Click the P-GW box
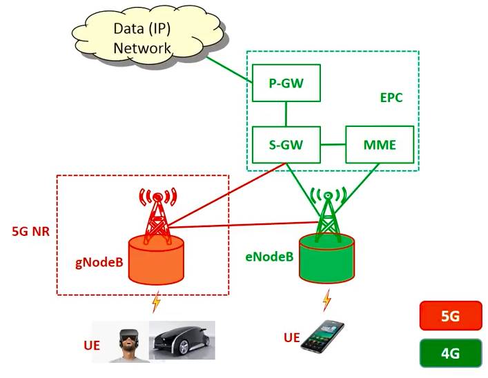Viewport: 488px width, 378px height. [286, 84]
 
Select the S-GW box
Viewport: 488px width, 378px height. [286, 145]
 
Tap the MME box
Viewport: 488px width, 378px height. [379, 145]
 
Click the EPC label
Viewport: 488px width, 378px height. [391, 98]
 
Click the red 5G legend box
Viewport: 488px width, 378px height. [450, 317]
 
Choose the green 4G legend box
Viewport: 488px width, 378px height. [450, 355]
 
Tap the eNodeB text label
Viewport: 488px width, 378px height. [269, 257]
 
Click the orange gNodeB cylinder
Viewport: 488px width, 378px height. [157, 259]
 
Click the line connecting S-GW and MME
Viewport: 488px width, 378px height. [333, 145]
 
